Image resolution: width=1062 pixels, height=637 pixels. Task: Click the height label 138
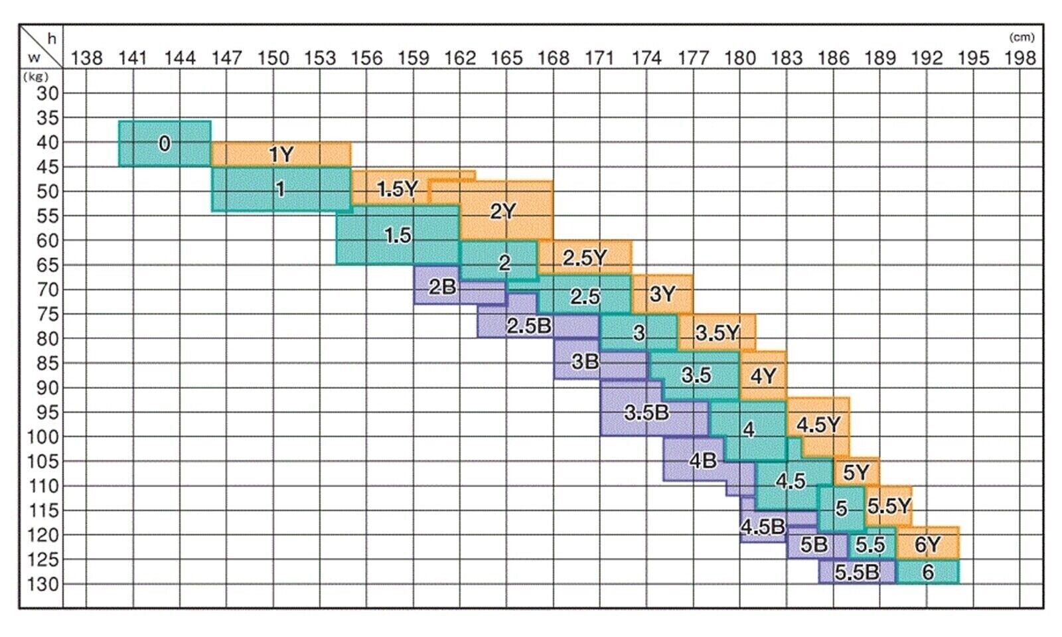[x=87, y=58]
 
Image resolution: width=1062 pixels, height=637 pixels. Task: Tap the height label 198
[x=1020, y=58]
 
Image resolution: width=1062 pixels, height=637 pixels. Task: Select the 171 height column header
[x=599, y=58]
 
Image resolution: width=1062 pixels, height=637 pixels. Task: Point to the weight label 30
[x=47, y=93]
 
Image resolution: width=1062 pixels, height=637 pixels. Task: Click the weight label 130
[x=43, y=584]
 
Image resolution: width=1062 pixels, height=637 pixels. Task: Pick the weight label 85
[x=47, y=363]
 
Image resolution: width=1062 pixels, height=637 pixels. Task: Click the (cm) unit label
[x=1022, y=38]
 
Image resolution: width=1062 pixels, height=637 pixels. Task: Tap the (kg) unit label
[x=36, y=76]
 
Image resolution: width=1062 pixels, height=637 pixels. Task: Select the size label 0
[x=164, y=143]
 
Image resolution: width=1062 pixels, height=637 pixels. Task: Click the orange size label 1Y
[x=281, y=155]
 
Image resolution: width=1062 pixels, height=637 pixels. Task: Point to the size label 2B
[x=442, y=287]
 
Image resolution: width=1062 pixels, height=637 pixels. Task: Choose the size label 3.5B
[x=646, y=413]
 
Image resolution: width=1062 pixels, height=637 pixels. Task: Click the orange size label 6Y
[x=927, y=545]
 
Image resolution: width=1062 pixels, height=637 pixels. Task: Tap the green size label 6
[x=928, y=571]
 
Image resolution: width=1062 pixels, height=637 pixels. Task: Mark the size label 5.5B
[x=856, y=572]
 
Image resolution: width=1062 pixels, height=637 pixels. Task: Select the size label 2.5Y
[x=585, y=257]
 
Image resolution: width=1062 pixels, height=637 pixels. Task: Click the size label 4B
[x=703, y=460]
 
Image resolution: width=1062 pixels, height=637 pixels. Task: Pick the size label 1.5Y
[x=398, y=189]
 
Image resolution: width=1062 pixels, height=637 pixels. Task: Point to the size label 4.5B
[x=763, y=527]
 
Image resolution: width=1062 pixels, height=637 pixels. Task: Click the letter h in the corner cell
[x=52, y=39]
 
